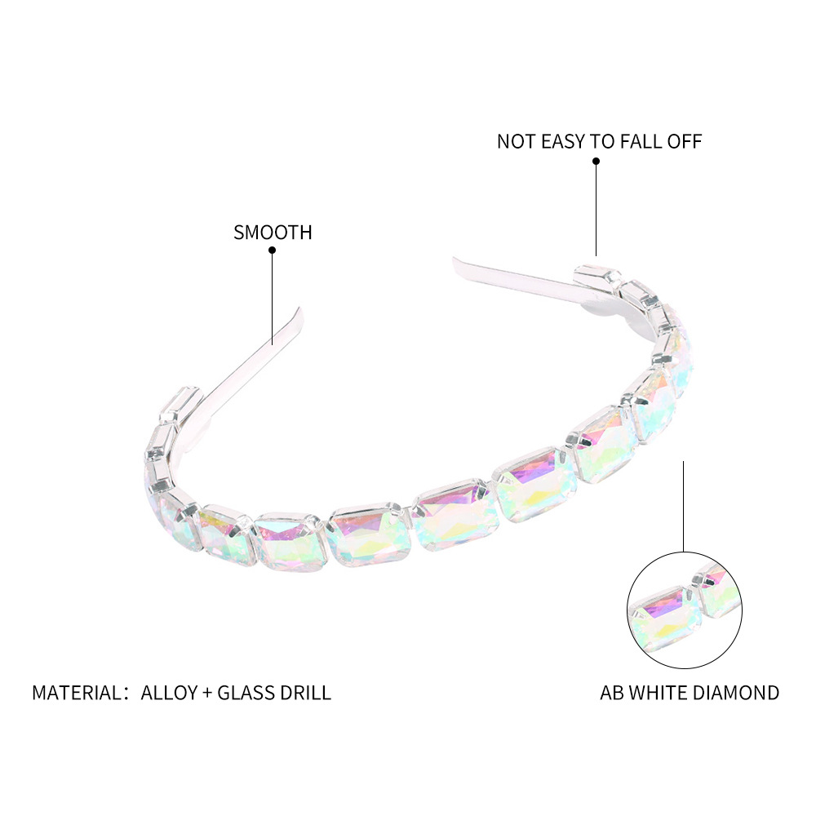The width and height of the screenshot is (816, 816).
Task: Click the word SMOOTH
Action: click(x=273, y=232)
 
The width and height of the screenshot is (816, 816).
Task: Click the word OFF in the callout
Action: click(x=685, y=141)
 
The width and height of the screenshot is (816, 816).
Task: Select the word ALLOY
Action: click(x=169, y=693)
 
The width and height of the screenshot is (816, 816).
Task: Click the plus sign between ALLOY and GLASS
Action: click(x=207, y=693)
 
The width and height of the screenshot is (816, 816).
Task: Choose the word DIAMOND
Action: click(x=739, y=693)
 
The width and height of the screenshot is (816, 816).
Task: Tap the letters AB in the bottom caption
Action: click(x=612, y=693)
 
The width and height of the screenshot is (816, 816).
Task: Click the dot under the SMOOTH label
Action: click(x=273, y=251)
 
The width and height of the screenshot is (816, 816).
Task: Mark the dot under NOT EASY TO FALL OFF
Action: click(x=596, y=162)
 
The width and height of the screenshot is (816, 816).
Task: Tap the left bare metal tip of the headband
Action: click(x=298, y=313)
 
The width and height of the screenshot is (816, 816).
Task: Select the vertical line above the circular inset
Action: click(x=684, y=506)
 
